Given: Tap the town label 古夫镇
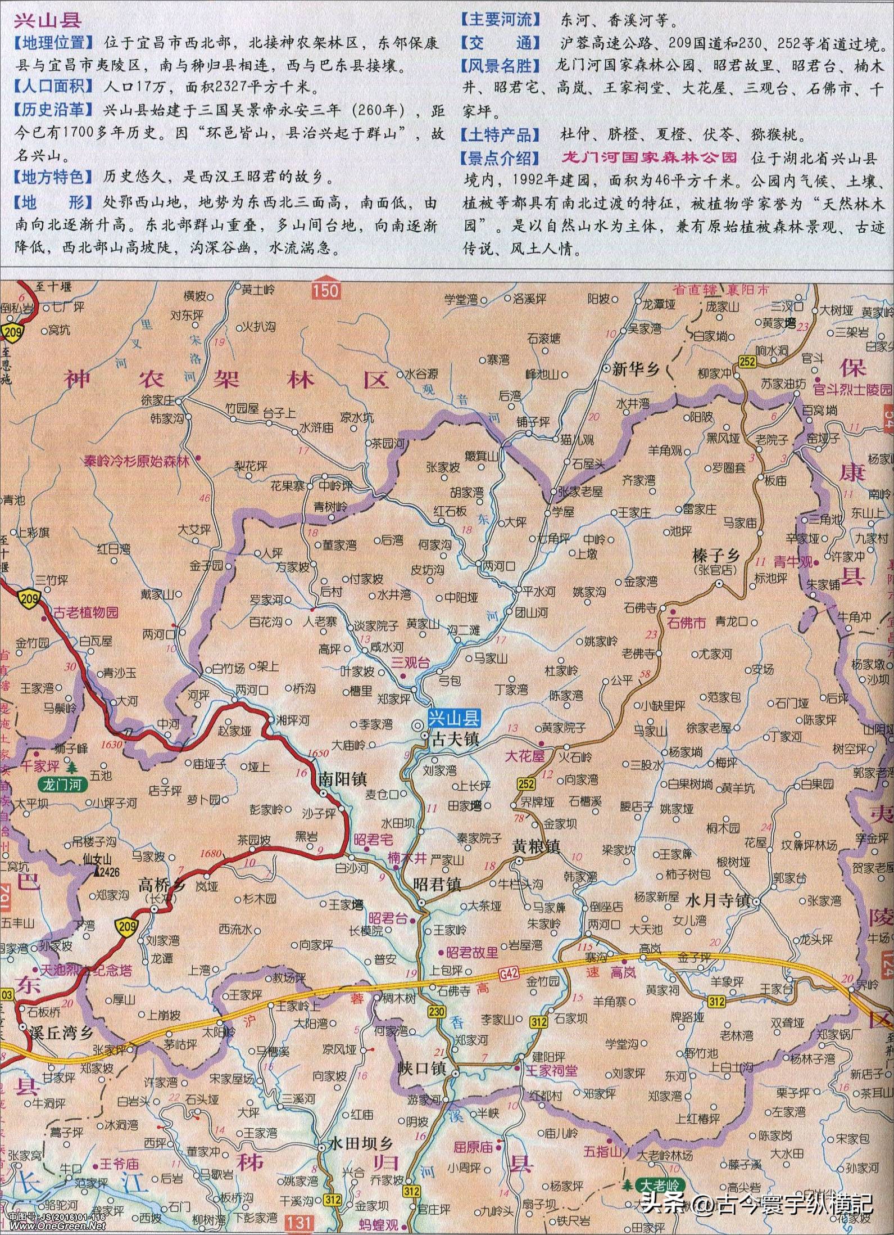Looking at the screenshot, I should pyautogui.click(x=454, y=738).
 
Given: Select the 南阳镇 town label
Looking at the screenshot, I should pyautogui.click(x=342, y=779).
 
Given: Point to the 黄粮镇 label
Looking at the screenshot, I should pyautogui.click(x=536, y=846).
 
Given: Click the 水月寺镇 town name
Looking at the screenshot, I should pyautogui.click(x=718, y=900).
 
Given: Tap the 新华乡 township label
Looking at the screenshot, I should pyautogui.click(x=635, y=369).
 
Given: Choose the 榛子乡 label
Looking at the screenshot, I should pyautogui.click(x=716, y=556).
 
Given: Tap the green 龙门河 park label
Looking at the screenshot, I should pyautogui.click(x=62, y=785).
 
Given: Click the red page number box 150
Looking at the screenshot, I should pyautogui.click(x=326, y=290).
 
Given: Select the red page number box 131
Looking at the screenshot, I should pyautogui.click(x=298, y=1223).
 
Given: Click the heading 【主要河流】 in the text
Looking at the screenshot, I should pyautogui.click(x=500, y=20).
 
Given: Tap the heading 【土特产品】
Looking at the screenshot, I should pyautogui.click(x=500, y=135).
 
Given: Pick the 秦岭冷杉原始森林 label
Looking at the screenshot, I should pyautogui.click(x=137, y=462).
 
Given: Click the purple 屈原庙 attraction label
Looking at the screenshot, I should pyautogui.click(x=473, y=1132).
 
